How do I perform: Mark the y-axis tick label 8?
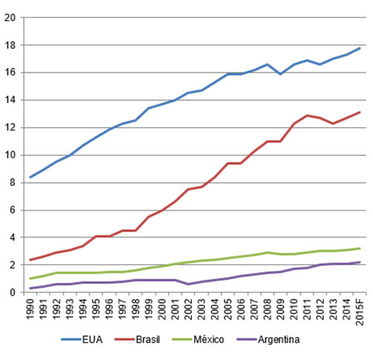point(13,182)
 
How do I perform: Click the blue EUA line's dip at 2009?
point(280,74)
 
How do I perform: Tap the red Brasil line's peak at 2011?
point(307,115)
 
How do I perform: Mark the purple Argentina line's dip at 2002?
point(188,284)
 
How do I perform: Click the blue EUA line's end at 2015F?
point(360,48)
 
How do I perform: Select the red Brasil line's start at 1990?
point(30,260)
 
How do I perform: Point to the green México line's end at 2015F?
point(360,249)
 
